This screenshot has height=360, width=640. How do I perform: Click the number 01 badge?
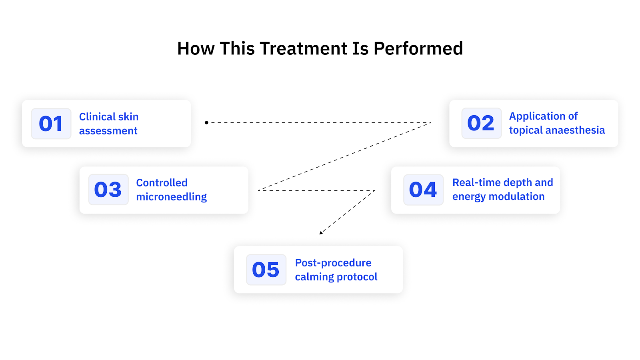[51, 124]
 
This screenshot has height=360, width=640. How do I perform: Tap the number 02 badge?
[481, 123]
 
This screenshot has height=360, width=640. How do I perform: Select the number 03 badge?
[108, 190]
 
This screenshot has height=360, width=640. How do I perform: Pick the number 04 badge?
[423, 190]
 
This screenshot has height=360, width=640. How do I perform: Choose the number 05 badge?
[266, 270]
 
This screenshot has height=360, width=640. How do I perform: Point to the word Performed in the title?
[418, 49]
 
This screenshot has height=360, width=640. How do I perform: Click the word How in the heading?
[196, 49]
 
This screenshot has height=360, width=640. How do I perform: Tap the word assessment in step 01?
[108, 131]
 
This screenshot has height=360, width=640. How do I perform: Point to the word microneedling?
[171, 197]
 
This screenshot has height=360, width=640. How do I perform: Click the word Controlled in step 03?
[162, 183]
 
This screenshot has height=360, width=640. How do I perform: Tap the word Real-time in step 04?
[476, 182]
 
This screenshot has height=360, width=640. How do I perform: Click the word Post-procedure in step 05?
[333, 263]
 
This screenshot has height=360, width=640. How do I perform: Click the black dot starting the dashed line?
[206, 122]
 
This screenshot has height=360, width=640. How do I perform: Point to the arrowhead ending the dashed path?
[321, 232]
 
